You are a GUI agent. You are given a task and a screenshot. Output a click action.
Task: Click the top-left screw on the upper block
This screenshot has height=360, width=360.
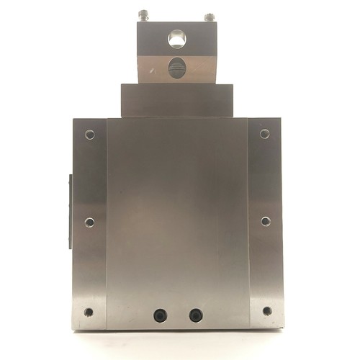(x=144, y=14)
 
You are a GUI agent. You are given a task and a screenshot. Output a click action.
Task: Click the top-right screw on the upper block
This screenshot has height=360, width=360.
(x=209, y=16)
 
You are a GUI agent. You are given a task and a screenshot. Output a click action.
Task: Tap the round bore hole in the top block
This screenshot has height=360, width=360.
(x=176, y=37)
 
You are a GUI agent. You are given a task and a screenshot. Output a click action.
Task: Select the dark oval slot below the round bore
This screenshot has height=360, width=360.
(x=176, y=68)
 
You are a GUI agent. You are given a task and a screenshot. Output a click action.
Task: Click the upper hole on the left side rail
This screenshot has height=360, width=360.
(x=89, y=135)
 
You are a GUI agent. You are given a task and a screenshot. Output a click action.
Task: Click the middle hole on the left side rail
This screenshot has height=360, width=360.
(x=89, y=222)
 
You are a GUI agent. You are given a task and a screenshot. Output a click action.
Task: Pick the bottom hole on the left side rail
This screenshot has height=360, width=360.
(x=89, y=312)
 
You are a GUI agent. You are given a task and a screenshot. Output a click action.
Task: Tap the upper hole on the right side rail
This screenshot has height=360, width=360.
(x=264, y=134)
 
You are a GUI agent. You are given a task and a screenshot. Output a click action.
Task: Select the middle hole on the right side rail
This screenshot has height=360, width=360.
(x=265, y=221)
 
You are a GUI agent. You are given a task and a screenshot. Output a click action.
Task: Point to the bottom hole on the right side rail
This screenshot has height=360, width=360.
(x=266, y=311)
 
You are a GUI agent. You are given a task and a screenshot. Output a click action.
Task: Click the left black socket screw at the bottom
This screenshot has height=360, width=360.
(x=160, y=315)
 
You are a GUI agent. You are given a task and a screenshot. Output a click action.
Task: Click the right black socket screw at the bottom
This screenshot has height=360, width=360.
(x=195, y=315)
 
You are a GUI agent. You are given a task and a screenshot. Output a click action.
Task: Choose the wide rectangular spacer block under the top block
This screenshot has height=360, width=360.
(x=177, y=100)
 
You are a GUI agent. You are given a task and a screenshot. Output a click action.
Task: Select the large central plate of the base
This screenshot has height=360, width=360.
(x=177, y=216)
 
